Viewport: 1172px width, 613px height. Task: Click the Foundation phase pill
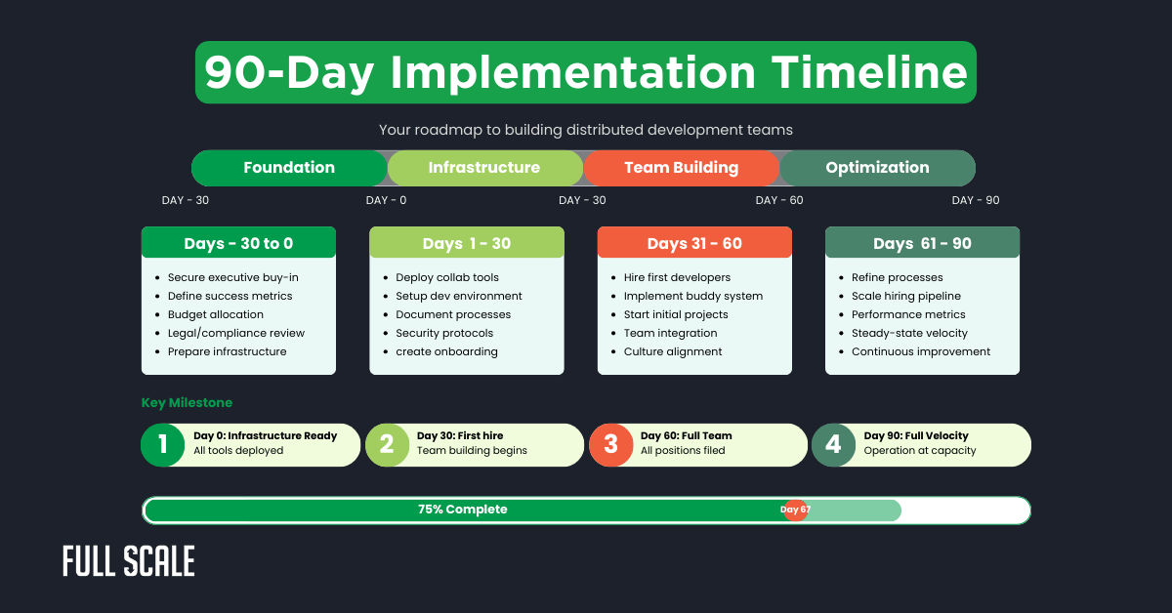289,168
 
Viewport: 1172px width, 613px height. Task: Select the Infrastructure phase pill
484,168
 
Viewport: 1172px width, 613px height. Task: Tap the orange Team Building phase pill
681,168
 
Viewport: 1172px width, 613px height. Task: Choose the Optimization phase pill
877,168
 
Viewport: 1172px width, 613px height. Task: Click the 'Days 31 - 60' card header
694,243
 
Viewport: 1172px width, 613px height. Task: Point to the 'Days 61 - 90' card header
922,243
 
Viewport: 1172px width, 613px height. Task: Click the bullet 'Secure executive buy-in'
232,277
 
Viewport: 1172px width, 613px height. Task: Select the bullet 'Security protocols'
444,333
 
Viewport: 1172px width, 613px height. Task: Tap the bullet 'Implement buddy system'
693,296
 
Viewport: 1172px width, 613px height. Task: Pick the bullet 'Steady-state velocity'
910,333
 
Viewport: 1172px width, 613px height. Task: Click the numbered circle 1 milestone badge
162,445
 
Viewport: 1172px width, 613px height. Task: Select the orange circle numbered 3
610,445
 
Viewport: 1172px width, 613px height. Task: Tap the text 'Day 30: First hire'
460,436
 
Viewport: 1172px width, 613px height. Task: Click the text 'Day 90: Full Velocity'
916,436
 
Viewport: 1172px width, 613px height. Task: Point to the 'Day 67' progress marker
795,510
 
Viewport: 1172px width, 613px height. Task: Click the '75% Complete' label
463,510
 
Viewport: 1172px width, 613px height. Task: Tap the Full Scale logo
129,561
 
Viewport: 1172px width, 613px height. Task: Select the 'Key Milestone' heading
187,402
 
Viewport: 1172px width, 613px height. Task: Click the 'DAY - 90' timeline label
976,200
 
